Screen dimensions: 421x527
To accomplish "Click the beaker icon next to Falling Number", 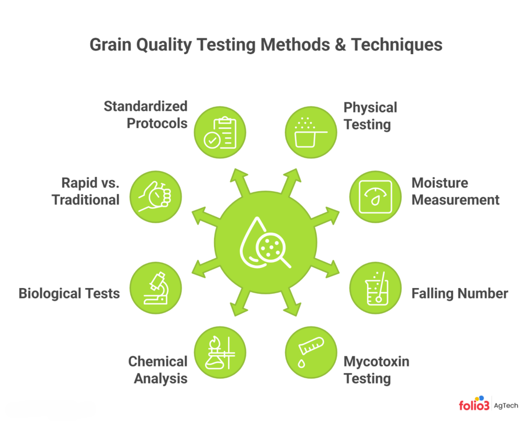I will pyautogui.click(x=375, y=288).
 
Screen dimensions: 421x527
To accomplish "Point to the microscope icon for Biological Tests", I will pyautogui.click(x=156, y=288).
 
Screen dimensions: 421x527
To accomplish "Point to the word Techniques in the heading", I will pyautogui.click(x=397, y=45).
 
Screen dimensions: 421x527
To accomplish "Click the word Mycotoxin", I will pyautogui.click(x=376, y=362).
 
